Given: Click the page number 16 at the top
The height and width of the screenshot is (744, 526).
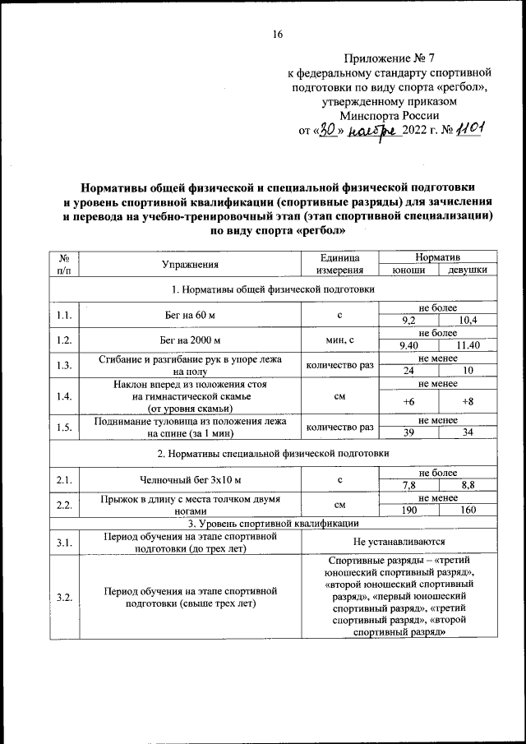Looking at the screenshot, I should click(x=277, y=34).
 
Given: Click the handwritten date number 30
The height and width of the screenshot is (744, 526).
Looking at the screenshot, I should click(x=328, y=129).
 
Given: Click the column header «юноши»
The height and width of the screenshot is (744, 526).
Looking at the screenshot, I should click(x=408, y=270).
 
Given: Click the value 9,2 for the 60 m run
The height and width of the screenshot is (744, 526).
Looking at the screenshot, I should click(x=408, y=320).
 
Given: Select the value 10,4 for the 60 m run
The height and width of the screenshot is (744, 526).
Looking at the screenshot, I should click(x=468, y=320).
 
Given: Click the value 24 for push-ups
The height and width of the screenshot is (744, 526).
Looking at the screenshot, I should click(x=408, y=371).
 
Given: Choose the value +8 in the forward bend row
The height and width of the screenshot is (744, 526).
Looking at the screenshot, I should click(x=468, y=401).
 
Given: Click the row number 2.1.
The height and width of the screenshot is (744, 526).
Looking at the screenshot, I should click(x=64, y=479).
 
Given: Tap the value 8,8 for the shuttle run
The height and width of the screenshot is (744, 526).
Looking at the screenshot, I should click(x=468, y=486).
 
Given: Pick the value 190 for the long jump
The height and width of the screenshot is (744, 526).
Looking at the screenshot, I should click(x=408, y=511).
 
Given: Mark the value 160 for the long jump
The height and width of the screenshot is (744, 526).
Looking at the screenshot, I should click(x=468, y=511).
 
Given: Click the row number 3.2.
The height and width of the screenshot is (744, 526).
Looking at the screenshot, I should click(x=64, y=597).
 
